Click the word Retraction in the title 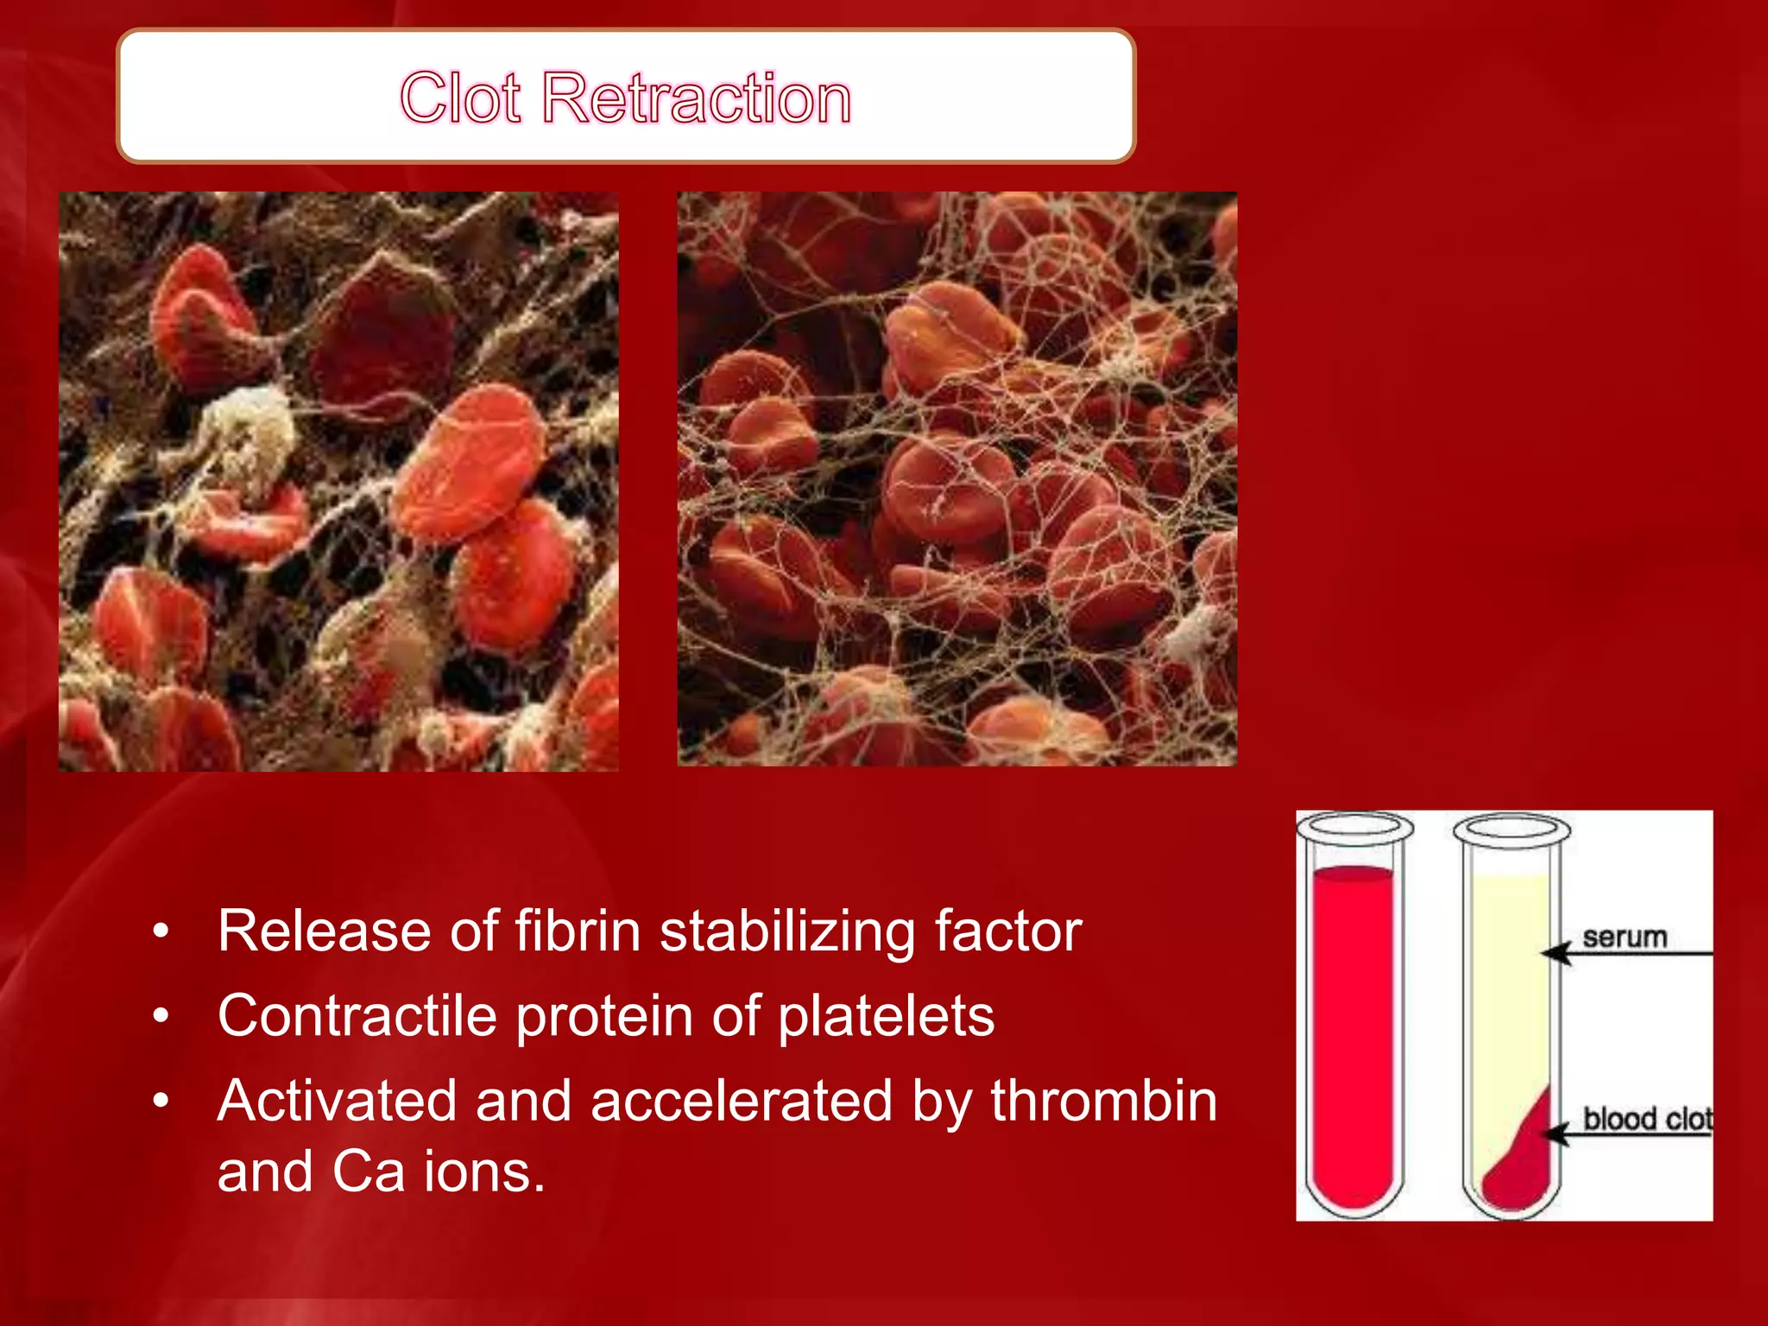pyautogui.click(x=697, y=98)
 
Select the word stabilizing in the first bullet pyautogui.click(x=786, y=931)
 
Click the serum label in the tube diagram pyautogui.click(x=1624, y=937)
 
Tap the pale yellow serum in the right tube pyautogui.click(x=1511, y=976)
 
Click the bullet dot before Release pyautogui.click(x=160, y=932)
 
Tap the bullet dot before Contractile pyautogui.click(x=160, y=1017)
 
